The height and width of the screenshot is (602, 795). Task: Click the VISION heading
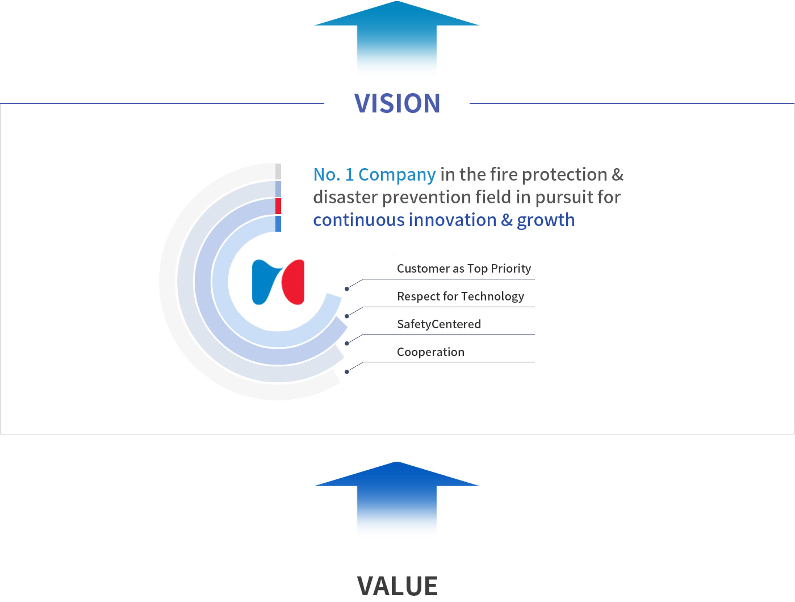click(397, 103)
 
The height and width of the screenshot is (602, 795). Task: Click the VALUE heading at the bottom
click(397, 586)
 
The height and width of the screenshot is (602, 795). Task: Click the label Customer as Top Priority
click(463, 269)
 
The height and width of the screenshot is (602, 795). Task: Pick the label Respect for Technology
click(461, 296)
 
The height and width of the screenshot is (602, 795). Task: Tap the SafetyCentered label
click(439, 324)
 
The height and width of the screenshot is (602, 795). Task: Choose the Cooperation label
click(430, 352)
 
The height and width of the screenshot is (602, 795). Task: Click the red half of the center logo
click(294, 282)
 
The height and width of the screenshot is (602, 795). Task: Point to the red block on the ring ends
click(278, 206)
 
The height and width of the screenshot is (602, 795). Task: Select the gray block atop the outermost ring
click(278, 172)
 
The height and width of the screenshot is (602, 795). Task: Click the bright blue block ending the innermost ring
click(278, 224)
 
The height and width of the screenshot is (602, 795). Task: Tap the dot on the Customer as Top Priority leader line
click(346, 289)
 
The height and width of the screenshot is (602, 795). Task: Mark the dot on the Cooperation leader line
click(346, 371)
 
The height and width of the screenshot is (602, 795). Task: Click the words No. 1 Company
click(374, 174)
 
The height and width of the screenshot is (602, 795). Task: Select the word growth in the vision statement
click(546, 220)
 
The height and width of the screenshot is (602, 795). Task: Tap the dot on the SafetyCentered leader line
click(346, 344)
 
